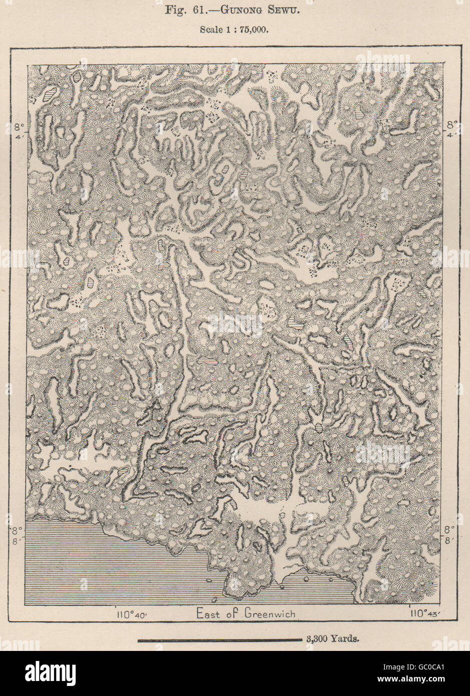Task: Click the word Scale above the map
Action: (210, 29)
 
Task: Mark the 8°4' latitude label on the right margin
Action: (452, 129)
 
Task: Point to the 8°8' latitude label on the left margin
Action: (16, 534)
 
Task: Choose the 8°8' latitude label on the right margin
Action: (452, 534)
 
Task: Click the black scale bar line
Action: (218, 639)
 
